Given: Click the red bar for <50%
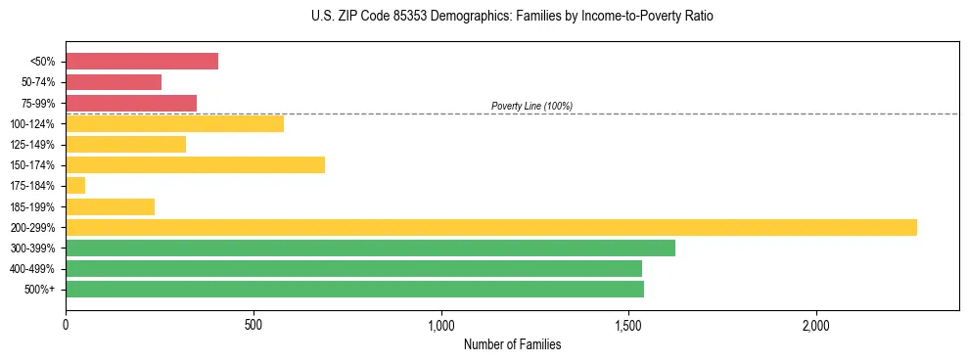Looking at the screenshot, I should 142,62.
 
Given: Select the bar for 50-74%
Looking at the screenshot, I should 114,82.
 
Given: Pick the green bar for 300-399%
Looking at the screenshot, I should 370,248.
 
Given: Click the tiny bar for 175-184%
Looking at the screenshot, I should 75,186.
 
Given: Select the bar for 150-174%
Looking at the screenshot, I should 195,165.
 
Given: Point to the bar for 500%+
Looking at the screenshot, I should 354,290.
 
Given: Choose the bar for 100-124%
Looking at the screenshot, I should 174,123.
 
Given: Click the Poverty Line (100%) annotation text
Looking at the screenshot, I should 531,106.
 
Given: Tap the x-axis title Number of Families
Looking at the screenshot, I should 512,344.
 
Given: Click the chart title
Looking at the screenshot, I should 512,17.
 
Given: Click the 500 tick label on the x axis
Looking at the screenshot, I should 254,324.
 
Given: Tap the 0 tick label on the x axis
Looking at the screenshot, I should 66,324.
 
